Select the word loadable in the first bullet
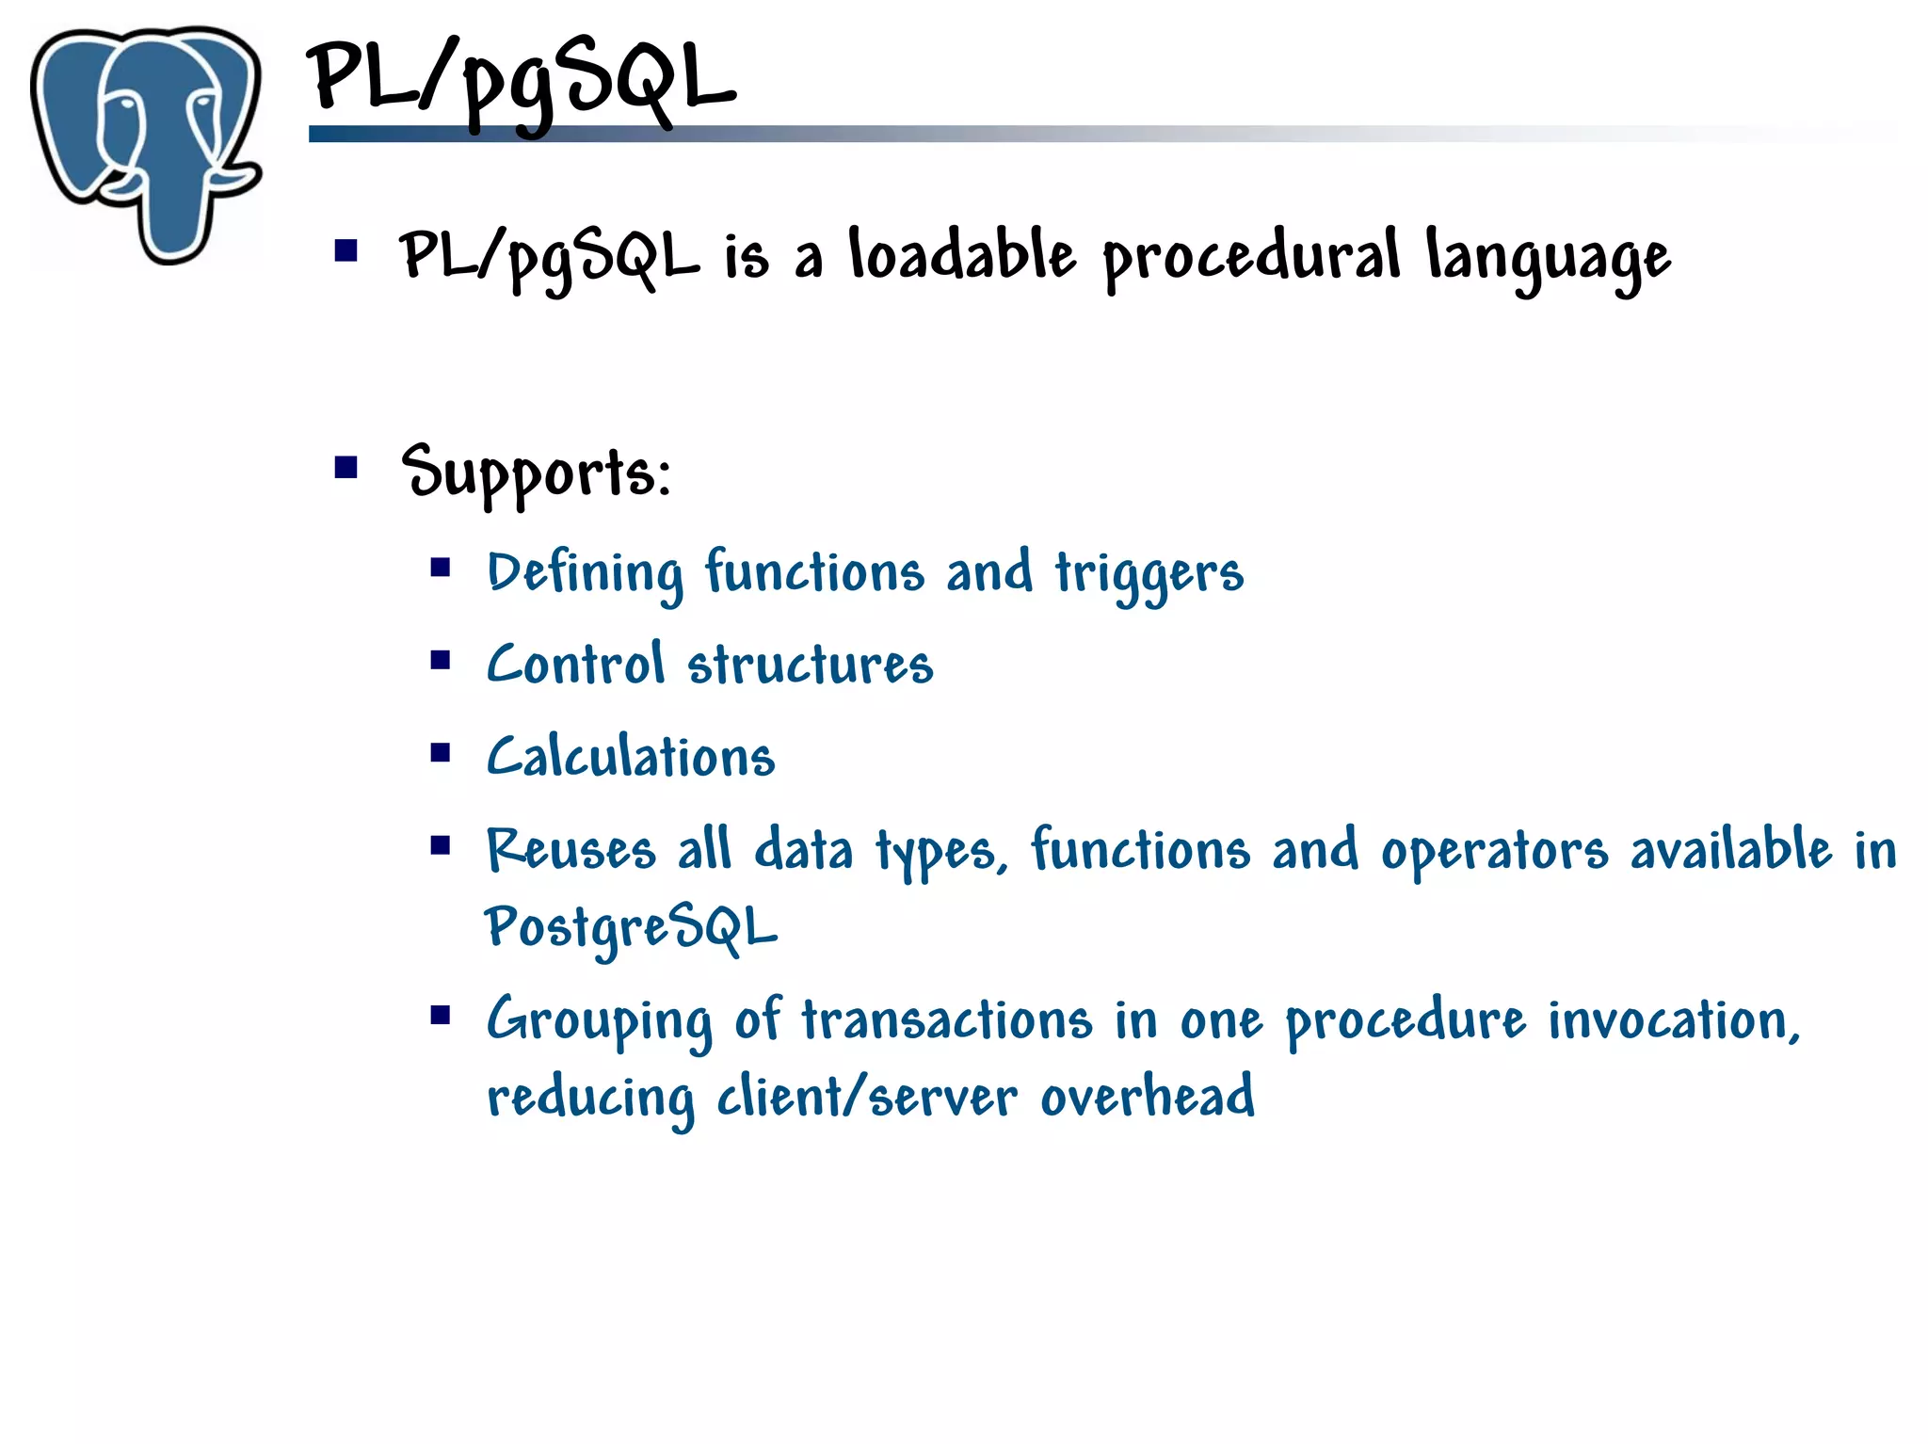click(961, 256)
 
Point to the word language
click(1548, 259)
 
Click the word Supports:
click(536, 473)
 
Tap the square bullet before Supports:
click(346, 468)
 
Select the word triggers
click(1149, 574)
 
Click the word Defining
click(585, 574)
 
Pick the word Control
click(575, 665)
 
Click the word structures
click(810, 665)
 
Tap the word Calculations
click(630, 758)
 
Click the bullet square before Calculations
click(441, 753)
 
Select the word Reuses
click(570, 850)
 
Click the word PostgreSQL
click(630, 928)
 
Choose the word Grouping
click(600, 1022)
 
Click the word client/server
click(866, 1098)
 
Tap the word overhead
click(1147, 1098)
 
